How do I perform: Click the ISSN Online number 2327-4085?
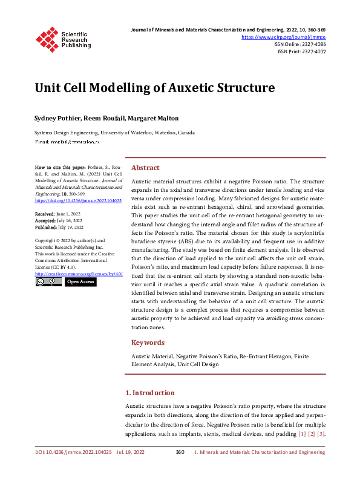pyautogui.click(x=313, y=44)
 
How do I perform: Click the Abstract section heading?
pyautogui.click(x=145, y=168)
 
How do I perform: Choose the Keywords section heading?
pyautogui.click(x=148, y=343)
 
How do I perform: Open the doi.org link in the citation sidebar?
pyautogui.click(x=78, y=200)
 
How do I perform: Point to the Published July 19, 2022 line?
pyautogui.click(x=57, y=226)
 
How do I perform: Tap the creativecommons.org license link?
pyautogui.click(x=74, y=274)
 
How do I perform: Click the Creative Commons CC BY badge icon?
pyautogui.click(x=48, y=282)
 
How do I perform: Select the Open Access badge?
pyautogui.click(x=80, y=282)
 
